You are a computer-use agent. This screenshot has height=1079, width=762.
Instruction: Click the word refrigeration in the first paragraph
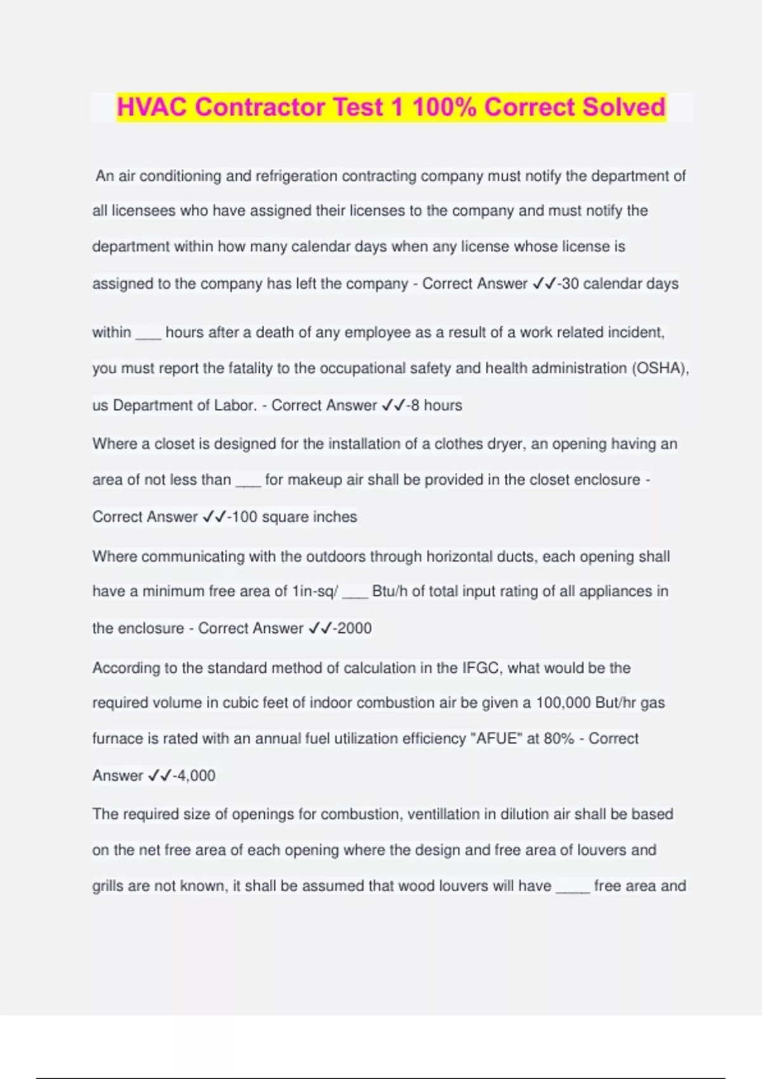(x=297, y=176)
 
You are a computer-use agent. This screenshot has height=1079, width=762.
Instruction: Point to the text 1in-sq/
(x=315, y=592)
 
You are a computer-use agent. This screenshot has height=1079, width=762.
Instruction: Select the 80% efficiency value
(x=559, y=738)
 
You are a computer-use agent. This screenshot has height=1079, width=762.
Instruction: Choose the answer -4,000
(x=194, y=776)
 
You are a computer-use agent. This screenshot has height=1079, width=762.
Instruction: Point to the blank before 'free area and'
(x=573, y=890)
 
